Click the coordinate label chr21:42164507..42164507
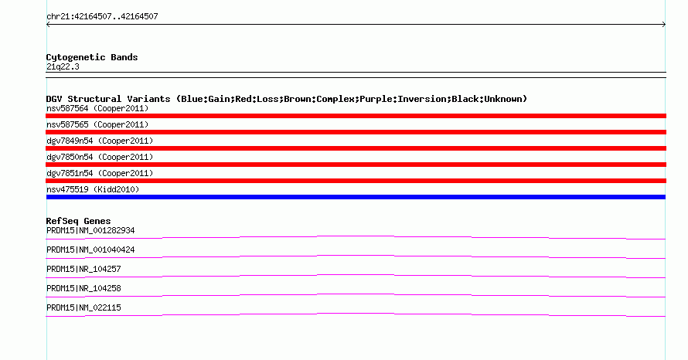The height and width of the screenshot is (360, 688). click(102, 17)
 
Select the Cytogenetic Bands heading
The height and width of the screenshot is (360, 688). click(92, 57)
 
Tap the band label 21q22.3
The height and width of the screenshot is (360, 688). click(63, 66)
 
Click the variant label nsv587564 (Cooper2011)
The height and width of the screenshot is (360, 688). click(97, 108)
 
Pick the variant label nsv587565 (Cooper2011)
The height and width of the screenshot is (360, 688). click(97, 124)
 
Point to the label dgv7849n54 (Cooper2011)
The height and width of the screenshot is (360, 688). click(100, 141)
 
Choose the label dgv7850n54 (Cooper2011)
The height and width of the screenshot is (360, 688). click(100, 157)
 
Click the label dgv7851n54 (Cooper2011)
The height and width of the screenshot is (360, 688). click(100, 173)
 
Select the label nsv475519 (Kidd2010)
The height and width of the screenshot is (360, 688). click(93, 189)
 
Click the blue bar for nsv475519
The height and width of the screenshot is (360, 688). click(356, 197)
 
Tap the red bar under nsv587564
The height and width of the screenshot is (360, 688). click(356, 116)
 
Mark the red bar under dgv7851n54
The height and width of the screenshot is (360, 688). click(356, 181)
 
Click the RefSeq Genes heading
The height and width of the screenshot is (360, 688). click(78, 221)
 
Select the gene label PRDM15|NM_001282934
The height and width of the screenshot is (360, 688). click(90, 231)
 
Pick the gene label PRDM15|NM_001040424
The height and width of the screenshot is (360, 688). click(90, 250)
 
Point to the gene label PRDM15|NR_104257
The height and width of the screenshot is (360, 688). click(83, 270)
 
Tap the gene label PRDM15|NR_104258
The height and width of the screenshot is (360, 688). click(83, 288)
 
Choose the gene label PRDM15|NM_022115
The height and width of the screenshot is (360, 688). click(83, 307)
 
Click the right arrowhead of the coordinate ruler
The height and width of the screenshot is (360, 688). click(664, 25)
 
